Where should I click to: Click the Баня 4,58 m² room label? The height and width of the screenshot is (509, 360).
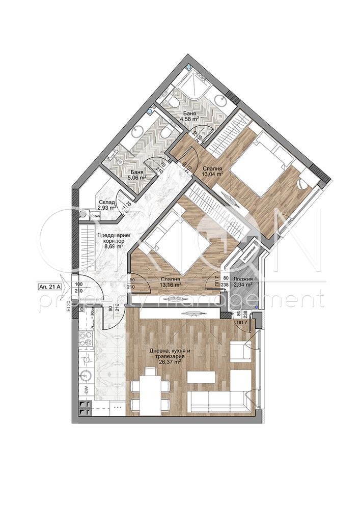pyautogui.click(x=189, y=116)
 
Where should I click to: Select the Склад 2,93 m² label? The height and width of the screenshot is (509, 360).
pyautogui.click(x=107, y=204)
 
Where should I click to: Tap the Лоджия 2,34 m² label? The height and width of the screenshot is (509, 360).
pyautogui.click(x=243, y=282)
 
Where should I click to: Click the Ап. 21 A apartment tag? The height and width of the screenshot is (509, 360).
pyautogui.click(x=49, y=287)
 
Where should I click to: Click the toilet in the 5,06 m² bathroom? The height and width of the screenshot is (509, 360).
pyautogui.click(x=164, y=132)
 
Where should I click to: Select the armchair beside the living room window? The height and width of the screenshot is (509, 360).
pyautogui.click(x=240, y=351)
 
